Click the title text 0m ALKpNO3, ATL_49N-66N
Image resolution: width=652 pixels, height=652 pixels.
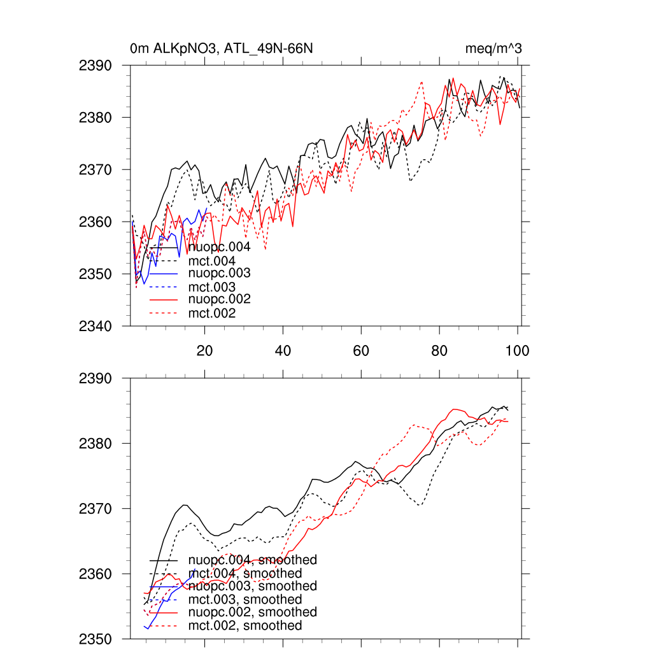[x=221, y=48]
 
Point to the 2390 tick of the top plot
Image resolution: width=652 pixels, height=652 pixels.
[x=95, y=66]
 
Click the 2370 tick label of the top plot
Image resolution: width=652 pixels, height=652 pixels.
[x=95, y=170]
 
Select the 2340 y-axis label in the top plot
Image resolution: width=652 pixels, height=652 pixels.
[x=95, y=326]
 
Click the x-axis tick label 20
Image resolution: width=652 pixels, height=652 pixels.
[x=204, y=350]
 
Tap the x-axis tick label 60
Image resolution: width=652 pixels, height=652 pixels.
[x=361, y=350]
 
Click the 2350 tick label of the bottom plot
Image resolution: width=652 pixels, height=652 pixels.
[x=95, y=639]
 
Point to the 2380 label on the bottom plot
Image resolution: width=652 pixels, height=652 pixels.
[x=95, y=443]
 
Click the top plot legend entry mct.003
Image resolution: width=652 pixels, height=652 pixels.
[x=212, y=287]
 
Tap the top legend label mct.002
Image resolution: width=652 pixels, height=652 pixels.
[x=212, y=313]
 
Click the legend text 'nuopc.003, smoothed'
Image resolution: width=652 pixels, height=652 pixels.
[x=252, y=586]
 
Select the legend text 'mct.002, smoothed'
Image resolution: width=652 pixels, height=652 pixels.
[x=245, y=626]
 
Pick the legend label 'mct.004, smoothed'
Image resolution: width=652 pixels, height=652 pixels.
[x=245, y=574]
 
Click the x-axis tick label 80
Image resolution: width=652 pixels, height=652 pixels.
[x=439, y=350]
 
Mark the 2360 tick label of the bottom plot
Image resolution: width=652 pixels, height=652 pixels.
[x=95, y=574]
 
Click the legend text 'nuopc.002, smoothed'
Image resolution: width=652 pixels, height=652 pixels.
[x=252, y=612]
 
